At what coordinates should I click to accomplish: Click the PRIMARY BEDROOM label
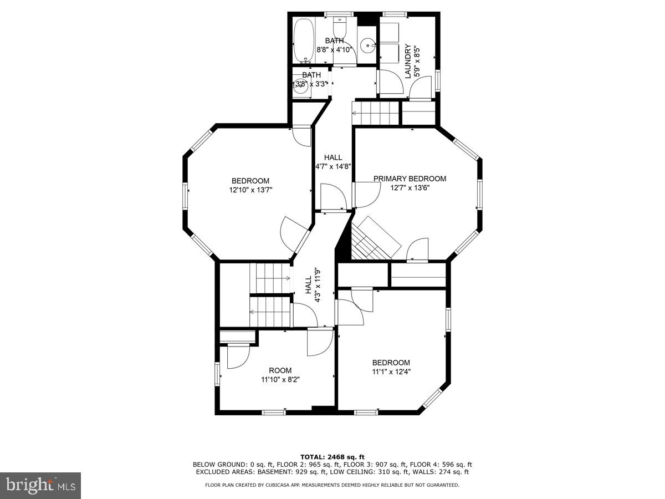[x=410, y=179]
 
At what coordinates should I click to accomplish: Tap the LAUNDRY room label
[x=408, y=61]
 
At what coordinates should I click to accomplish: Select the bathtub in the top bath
[x=303, y=41]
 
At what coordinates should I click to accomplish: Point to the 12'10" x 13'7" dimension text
[x=250, y=190]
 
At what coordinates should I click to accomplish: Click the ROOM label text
[x=280, y=370]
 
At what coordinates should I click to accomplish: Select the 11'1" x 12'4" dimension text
[x=391, y=372]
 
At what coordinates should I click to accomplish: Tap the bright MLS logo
[x=40, y=485]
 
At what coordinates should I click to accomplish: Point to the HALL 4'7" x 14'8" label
[x=333, y=162]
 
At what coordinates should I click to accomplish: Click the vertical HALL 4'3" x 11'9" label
[x=313, y=285]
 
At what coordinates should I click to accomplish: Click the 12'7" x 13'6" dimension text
[x=410, y=187]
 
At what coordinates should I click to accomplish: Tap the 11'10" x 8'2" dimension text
[x=280, y=380]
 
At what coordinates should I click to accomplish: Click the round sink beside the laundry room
[x=367, y=45]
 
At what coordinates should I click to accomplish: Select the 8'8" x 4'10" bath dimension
[x=334, y=49]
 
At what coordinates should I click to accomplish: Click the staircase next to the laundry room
[x=377, y=113]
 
